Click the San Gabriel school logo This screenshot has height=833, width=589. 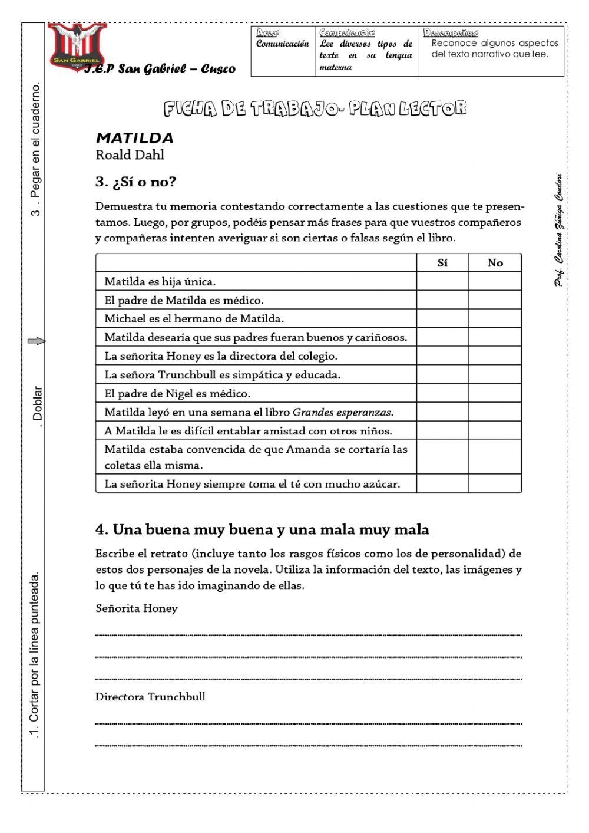[x=77, y=46]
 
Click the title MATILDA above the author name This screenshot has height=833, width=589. [x=134, y=139]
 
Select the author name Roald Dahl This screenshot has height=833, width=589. [x=130, y=155]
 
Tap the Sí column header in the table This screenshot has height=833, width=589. [x=442, y=263]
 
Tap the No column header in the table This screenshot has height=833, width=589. [x=495, y=263]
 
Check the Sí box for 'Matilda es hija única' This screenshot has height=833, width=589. [x=442, y=281]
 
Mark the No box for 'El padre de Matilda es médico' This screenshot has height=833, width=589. [x=495, y=300]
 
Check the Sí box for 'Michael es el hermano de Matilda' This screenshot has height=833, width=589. [x=442, y=318]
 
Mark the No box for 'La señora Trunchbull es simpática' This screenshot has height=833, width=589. [x=495, y=374]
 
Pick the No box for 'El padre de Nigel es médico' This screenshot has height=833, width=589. [x=495, y=393]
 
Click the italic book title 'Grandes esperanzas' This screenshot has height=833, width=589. [x=343, y=412]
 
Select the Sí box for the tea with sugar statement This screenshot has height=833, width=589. [x=442, y=484]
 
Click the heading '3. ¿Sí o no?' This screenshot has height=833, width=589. [x=135, y=182]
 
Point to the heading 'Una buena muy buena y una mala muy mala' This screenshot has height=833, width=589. [x=262, y=529]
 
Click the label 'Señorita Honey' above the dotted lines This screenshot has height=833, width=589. [x=137, y=608]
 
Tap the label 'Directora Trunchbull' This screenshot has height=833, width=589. [x=150, y=697]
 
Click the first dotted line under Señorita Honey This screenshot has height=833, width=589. [x=308, y=635]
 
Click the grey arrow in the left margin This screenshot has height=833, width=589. [x=37, y=341]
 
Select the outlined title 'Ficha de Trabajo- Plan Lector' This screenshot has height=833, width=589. [x=315, y=108]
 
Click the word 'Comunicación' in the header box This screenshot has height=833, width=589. [x=282, y=44]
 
